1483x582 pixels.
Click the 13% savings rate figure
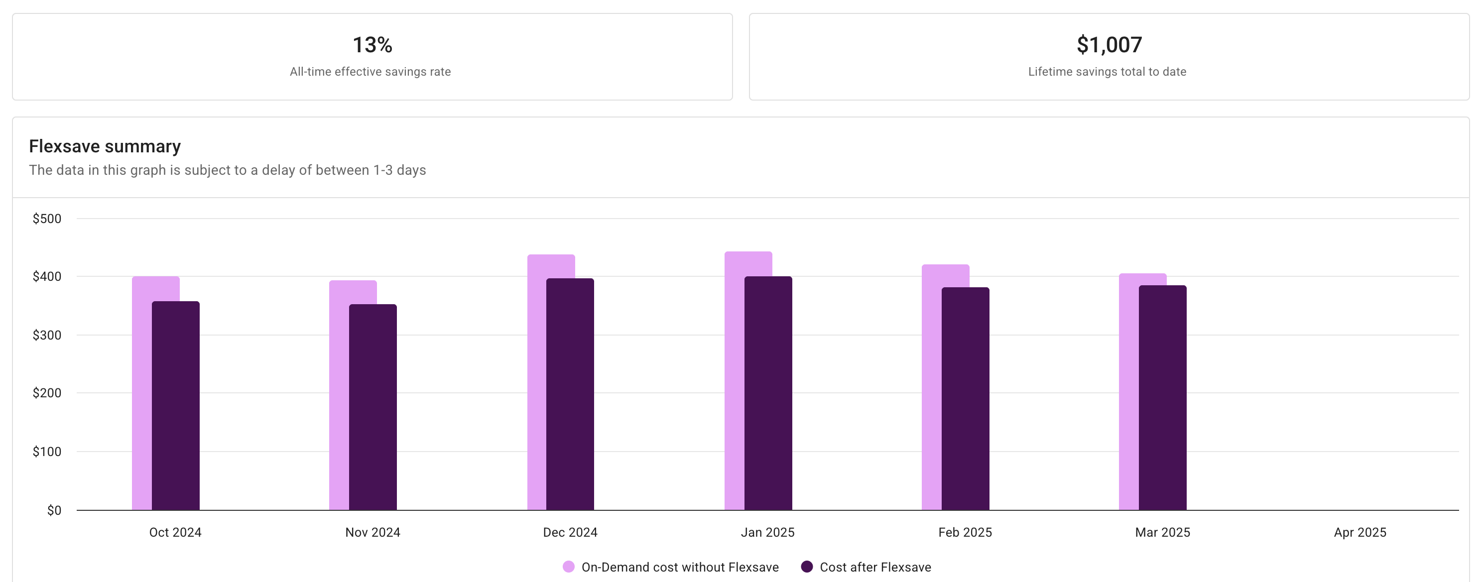point(372,45)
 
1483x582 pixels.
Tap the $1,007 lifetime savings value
point(1109,45)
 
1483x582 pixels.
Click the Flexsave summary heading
point(105,146)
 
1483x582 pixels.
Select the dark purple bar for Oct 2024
point(176,406)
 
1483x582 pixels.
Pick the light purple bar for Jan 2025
point(735,380)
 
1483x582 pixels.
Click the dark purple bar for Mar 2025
point(1162,397)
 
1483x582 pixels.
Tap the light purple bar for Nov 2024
point(339,397)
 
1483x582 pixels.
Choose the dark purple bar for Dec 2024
point(570,394)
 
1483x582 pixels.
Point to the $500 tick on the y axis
point(47,219)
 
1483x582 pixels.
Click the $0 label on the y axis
point(54,510)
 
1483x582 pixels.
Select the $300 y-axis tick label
point(47,335)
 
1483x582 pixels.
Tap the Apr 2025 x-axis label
point(1360,533)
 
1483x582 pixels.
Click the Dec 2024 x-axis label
point(570,533)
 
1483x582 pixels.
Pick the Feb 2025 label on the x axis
point(965,533)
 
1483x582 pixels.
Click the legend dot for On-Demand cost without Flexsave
point(568,567)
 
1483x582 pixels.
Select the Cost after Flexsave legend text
point(875,567)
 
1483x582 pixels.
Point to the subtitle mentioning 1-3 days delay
point(228,170)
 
